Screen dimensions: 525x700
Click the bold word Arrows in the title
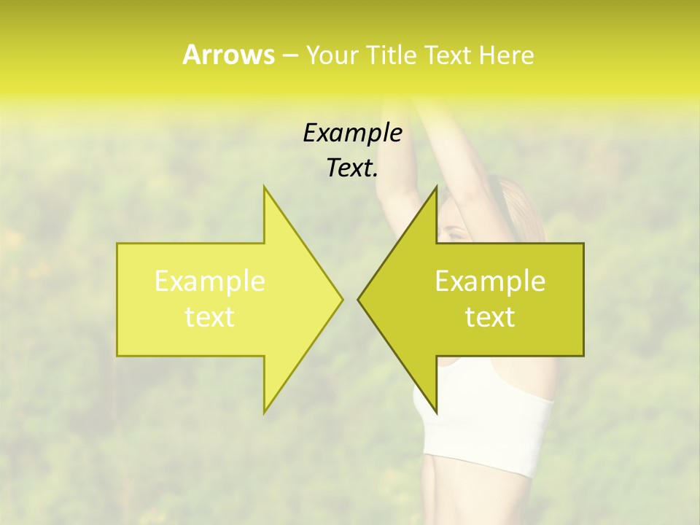click(x=228, y=55)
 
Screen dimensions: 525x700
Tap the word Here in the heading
click(x=506, y=55)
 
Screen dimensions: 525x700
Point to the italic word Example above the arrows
click(x=352, y=133)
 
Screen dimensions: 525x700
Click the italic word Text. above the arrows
click(x=352, y=168)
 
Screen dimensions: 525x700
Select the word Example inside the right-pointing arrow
click(x=209, y=281)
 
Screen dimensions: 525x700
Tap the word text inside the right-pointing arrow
click(x=209, y=317)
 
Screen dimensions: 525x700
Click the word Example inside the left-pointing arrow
click(x=490, y=281)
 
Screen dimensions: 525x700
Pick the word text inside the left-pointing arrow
click(x=490, y=317)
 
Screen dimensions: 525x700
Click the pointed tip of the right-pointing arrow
click(x=342, y=299)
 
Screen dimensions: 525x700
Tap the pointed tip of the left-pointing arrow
click(x=359, y=299)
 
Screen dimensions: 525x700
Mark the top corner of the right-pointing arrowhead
click(x=265, y=187)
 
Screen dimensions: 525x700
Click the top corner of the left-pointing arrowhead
click(x=436, y=187)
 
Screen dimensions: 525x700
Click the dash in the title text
click(x=289, y=55)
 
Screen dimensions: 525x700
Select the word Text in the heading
click(x=448, y=55)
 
